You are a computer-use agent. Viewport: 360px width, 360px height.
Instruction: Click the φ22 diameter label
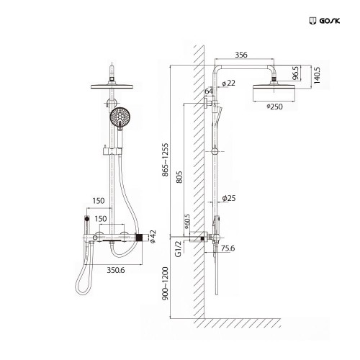[x=229, y=84]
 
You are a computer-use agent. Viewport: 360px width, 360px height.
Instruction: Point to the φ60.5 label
[x=186, y=220]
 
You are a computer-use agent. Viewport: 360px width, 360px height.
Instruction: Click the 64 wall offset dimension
[x=210, y=91]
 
